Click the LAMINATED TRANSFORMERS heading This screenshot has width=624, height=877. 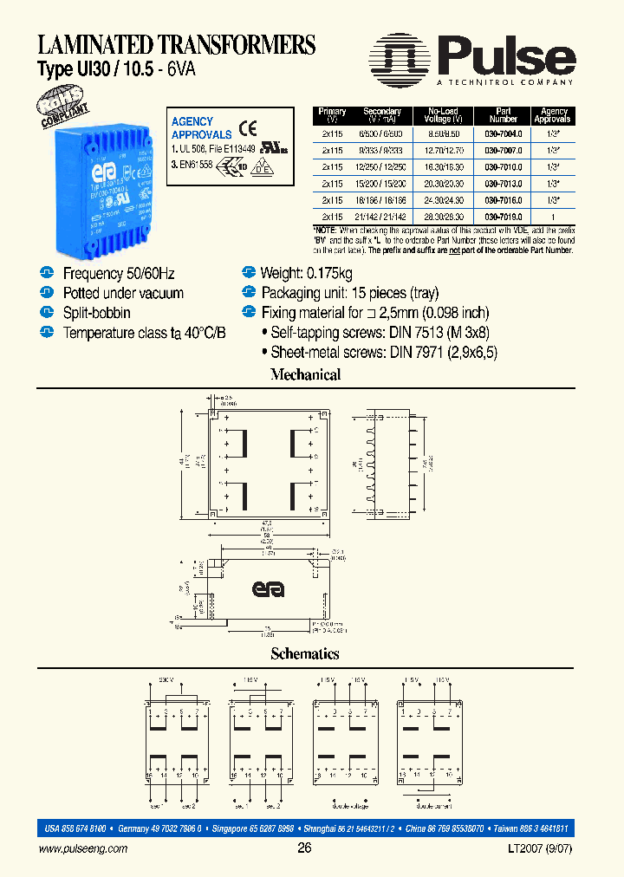click(x=176, y=44)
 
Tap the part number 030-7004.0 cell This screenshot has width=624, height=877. click(x=503, y=135)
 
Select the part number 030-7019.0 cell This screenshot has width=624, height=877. click(x=503, y=217)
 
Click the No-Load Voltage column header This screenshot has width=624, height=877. click(x=445, y=115)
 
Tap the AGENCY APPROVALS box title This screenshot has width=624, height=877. click(x=201, y=128)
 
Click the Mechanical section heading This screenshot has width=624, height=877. click(x=305, y=375)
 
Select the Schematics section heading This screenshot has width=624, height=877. click(x=305, y=654)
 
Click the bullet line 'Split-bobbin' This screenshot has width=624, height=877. click(x=96, y=312)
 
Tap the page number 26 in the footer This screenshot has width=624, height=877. click(x=304, y=848)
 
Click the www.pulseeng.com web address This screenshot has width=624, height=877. click(x=83, y=849)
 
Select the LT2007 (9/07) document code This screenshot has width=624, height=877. click(x=545, y=849)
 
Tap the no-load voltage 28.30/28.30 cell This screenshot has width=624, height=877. click(x=445, y=217)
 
